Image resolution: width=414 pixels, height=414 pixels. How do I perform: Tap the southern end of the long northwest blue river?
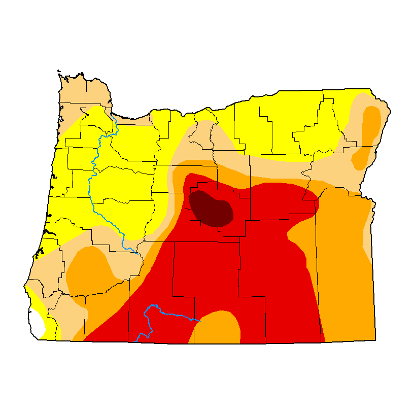(x=137, y=253)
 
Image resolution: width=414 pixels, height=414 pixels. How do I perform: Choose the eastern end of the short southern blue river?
(x=201, y=321)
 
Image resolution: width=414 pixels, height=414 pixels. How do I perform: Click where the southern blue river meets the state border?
(x=138, y=341)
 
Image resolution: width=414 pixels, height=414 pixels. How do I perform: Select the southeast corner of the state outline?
(x=376, y=339)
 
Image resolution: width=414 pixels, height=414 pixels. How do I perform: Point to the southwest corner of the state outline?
(x=39, y=339)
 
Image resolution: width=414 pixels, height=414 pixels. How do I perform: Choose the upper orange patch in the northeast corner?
(x=371, y=124)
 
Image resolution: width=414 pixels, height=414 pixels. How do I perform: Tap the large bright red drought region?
(x=213, y=274)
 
